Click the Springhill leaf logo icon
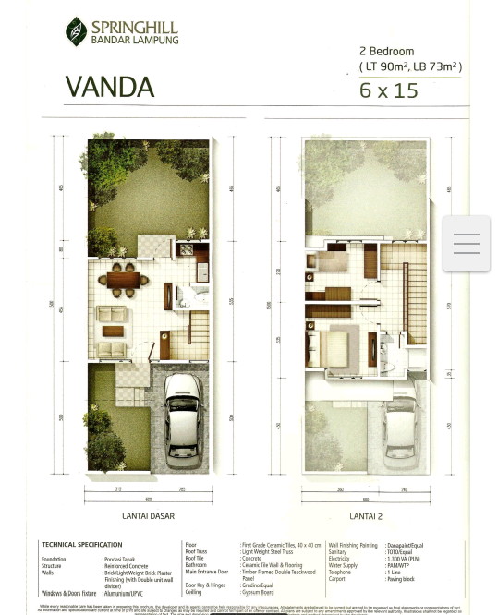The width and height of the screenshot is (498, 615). click(76, 31)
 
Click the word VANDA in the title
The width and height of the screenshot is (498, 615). click(109, 87)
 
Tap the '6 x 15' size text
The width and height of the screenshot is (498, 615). click(388, 90)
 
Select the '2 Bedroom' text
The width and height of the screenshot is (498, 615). click(386, 52)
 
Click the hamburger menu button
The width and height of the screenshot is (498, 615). click(466, 244)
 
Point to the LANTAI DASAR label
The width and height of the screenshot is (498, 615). click(148, 516)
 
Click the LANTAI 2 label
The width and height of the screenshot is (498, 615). click(366, 516)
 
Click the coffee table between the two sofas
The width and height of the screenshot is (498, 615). click(113, 332)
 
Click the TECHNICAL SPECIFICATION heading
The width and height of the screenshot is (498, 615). click(81, 545)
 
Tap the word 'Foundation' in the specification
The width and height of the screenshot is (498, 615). click(54, 559)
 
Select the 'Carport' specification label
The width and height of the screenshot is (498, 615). click(338, 579)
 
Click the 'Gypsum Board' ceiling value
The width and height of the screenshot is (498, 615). click(258, 592)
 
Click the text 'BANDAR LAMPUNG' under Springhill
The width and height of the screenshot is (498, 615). click(134, 40)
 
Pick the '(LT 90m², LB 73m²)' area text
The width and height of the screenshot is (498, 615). click(410, 66)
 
